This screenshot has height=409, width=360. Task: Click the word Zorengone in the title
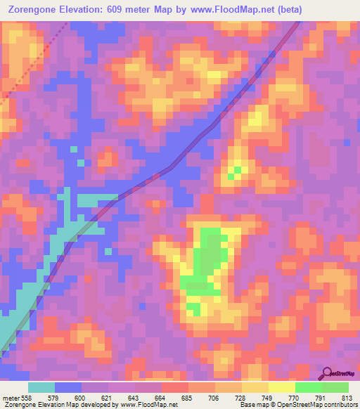click(34, 9)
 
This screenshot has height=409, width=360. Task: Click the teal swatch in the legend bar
click(41, 387)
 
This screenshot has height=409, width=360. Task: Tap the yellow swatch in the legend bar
click(281, 387)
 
